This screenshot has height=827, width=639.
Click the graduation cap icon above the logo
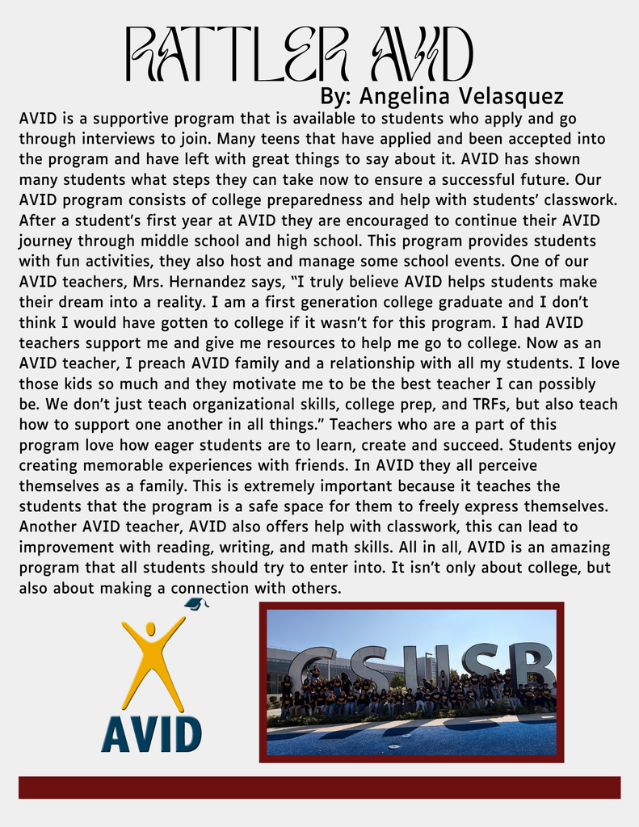tap(196, 603)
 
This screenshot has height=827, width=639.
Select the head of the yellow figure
tap(150, 629)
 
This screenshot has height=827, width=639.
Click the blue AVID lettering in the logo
tap(151, 733)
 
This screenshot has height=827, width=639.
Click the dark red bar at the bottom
tap(319, 787)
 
